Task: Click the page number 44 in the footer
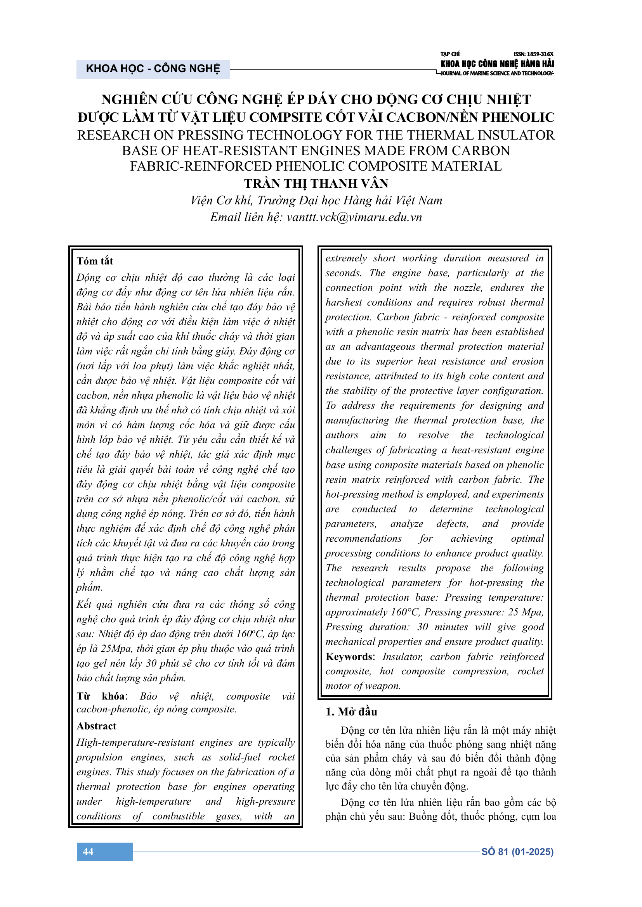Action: click(x=88, y=851)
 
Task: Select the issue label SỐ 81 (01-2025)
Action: click(x=517, y=851)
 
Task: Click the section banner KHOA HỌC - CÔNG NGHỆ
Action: click(x=153, y=69)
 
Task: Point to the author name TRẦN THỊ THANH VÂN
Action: click(x=316, y=184)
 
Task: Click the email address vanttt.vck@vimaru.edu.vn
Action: click(x=354, y=217)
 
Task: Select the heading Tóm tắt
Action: click(x=95, y=261)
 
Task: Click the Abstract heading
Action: click(x=97, y=726)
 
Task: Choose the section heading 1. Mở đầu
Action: click(x=351, y=712)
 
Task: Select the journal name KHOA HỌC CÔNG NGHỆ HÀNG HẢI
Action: click(x=497, y=64)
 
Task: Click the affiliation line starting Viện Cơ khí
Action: click(x=316, y=201)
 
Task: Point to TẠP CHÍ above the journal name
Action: click(x=450, y=54)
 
